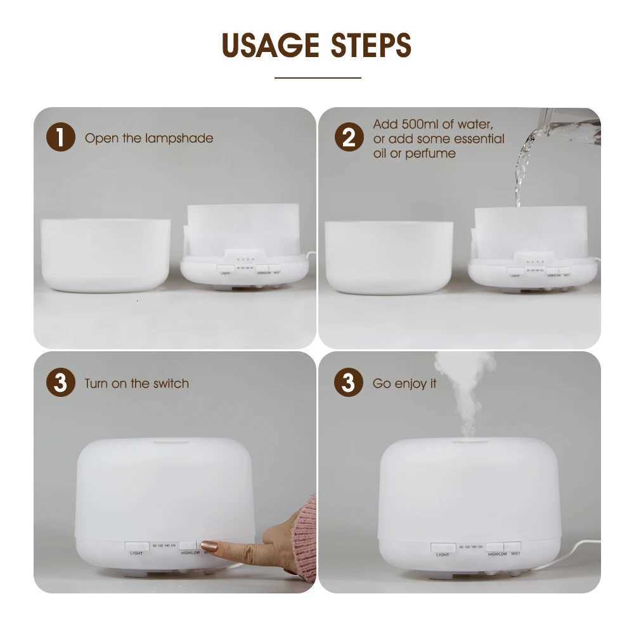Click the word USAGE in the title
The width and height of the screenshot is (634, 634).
coord(269,45)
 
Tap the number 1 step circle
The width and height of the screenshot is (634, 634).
coord(61,138)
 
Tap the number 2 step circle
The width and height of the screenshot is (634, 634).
coord(349,138)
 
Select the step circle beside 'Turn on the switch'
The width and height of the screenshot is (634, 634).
coord(61,384)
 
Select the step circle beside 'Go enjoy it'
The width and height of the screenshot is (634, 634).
coord(349,384)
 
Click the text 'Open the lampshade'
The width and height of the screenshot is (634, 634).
coord(149,138)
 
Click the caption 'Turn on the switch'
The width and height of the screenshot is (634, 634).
coord(136,384)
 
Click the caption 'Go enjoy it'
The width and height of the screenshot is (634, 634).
coord(404,384)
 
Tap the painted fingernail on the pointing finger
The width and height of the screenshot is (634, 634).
coord(209,546)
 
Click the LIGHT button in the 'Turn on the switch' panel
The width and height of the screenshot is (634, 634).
coord(137,547)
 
